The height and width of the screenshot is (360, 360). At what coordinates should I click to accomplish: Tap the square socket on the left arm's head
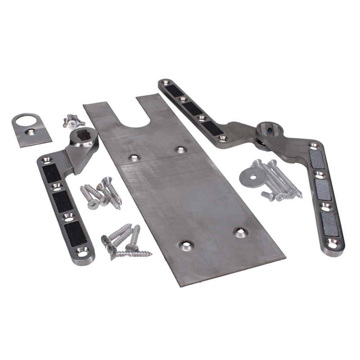pyautogui.click(x=77, y=135)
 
